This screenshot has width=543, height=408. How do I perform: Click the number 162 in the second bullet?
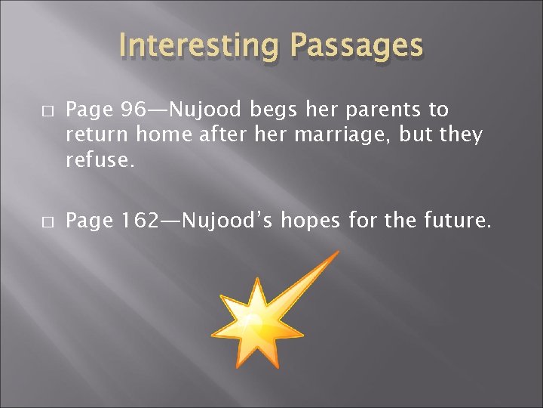pos(141,221)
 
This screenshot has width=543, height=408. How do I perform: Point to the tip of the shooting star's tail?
pos(337,253)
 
